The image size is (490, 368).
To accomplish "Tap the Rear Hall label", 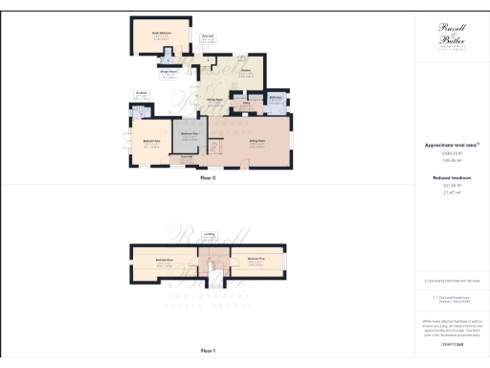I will (206, 36).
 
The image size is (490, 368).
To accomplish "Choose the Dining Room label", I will (215, 100).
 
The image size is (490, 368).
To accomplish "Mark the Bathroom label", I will (274, 97).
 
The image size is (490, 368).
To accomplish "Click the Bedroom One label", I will (151, 141).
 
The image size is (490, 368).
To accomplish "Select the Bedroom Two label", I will (189, 133).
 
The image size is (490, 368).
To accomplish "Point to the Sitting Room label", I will (256, 141).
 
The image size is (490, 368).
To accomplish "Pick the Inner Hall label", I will (188, 156).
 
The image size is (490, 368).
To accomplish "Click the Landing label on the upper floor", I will (221, 232).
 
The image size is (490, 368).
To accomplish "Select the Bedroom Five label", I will (256, 259).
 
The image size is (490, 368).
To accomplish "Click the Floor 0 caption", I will (208, 178).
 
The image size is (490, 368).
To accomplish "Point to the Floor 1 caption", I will (208, 352).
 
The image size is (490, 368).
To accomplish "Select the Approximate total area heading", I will (451, 145).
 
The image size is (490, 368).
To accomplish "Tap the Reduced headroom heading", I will (451, 178).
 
